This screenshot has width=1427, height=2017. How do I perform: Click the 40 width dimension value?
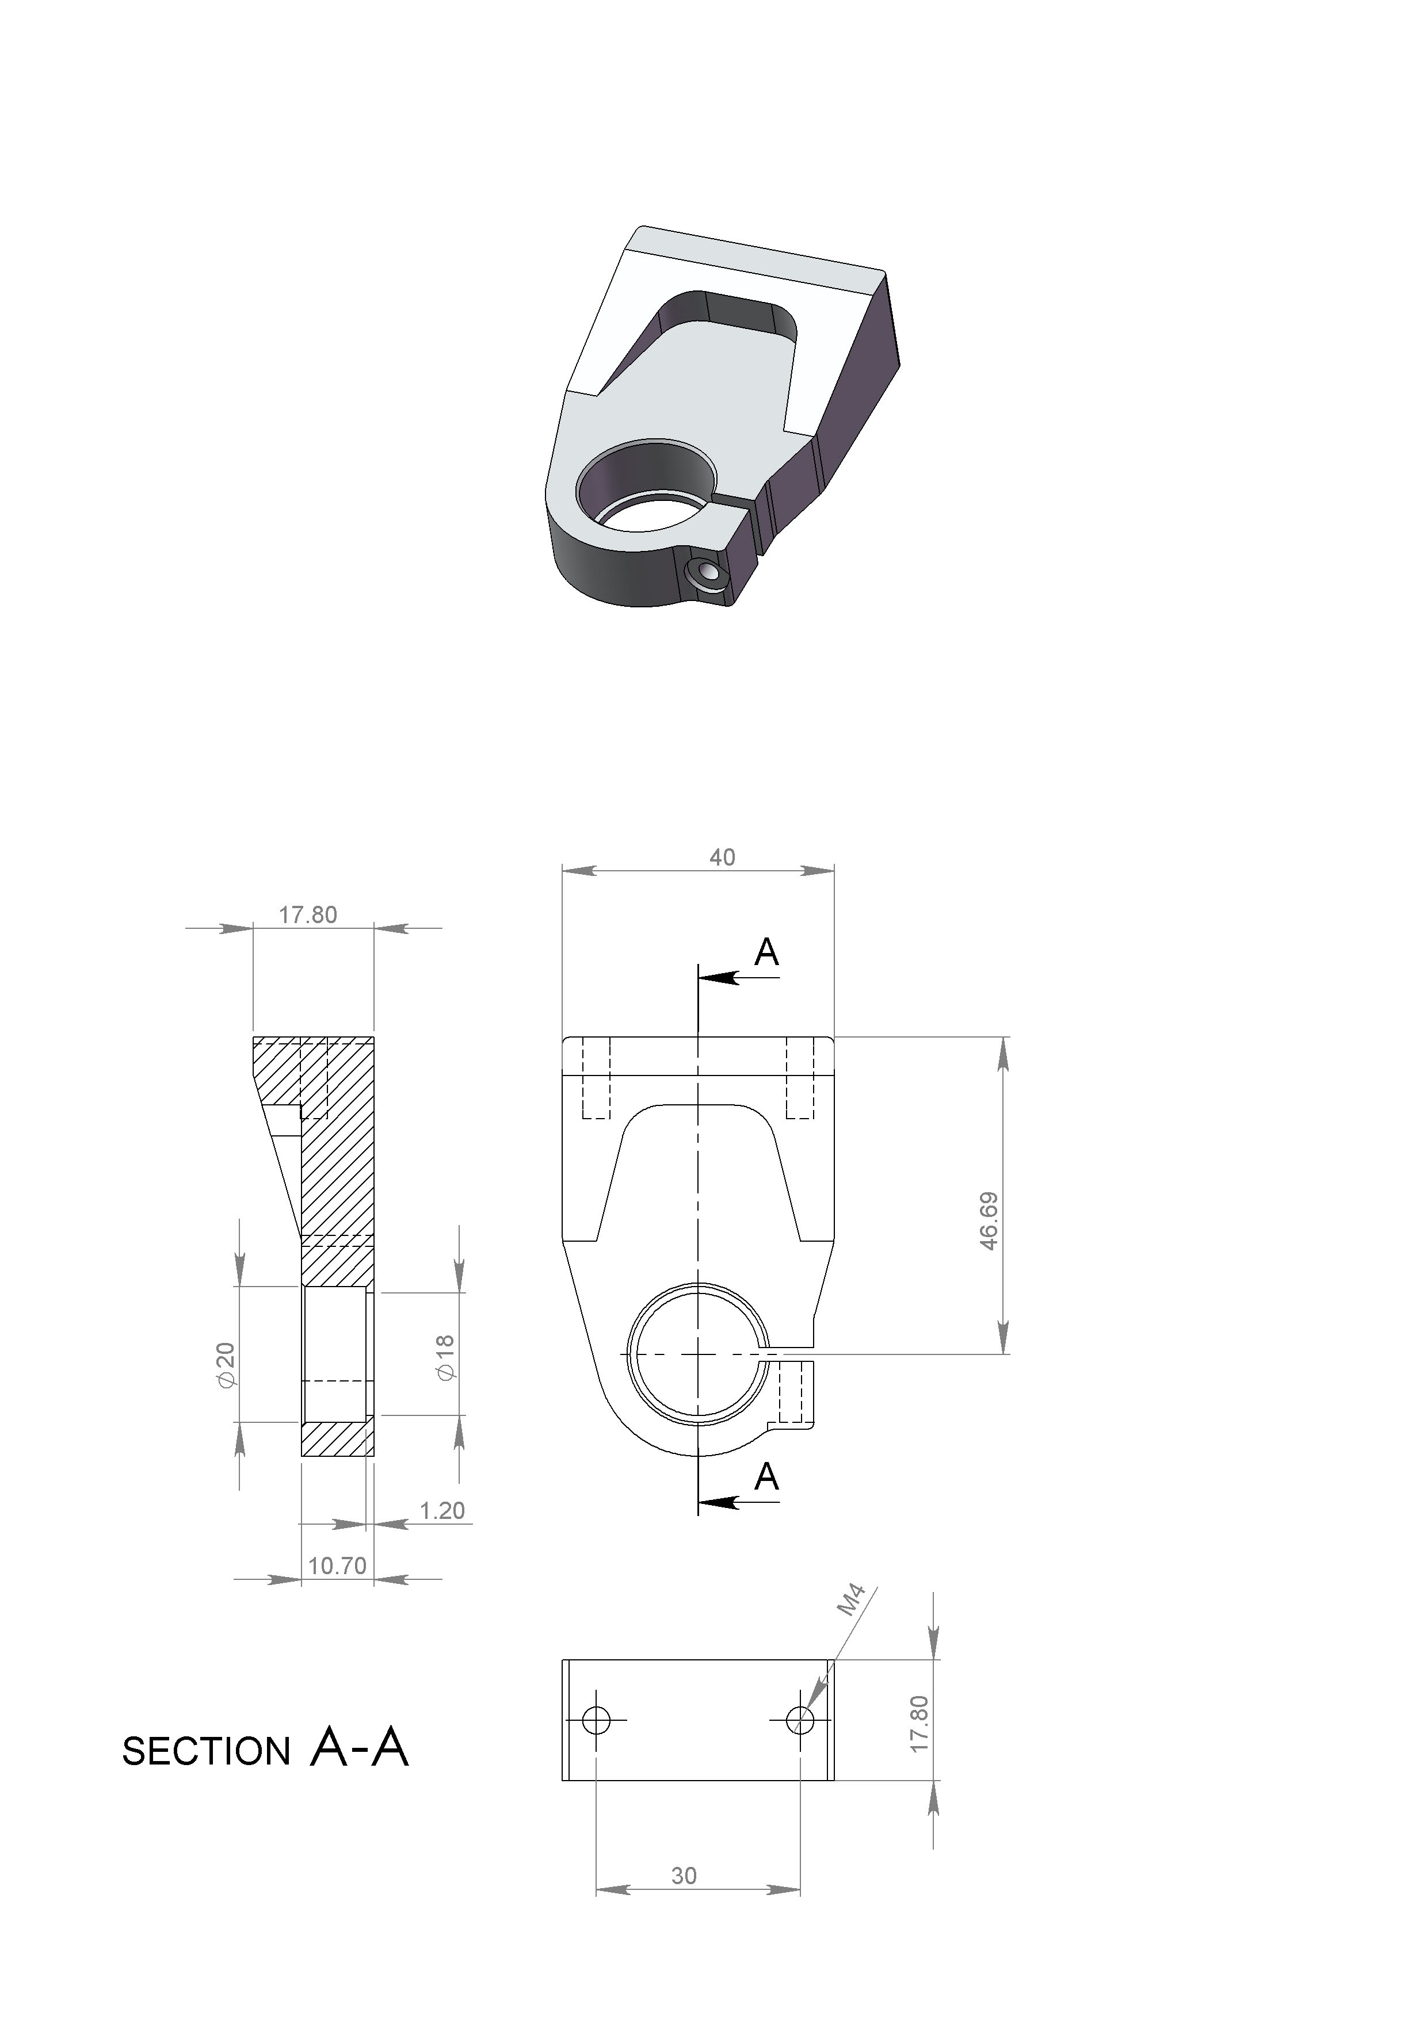(x=722, y=858)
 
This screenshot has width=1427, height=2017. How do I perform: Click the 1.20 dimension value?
(x=442, y=1510)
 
